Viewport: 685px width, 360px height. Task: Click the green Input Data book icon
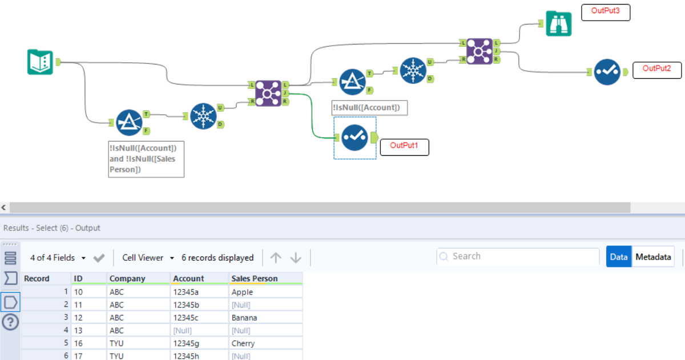41,62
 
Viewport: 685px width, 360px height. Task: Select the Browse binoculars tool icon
558,23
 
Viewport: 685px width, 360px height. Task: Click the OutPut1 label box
404,146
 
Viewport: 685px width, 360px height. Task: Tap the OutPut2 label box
657,69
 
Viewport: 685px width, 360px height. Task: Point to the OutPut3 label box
606,11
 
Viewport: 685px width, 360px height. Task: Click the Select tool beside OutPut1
354,138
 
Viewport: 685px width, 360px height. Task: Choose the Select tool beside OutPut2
607,72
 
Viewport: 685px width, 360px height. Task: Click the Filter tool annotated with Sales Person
128,122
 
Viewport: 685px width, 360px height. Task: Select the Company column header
127,278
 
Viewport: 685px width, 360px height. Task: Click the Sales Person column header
254,278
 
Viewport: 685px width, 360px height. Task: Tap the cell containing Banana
244,318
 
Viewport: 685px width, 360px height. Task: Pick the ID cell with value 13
79,330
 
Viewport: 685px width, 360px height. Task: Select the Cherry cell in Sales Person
243,343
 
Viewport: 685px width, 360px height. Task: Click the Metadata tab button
653,257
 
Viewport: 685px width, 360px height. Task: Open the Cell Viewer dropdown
148,258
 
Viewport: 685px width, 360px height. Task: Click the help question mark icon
10,322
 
